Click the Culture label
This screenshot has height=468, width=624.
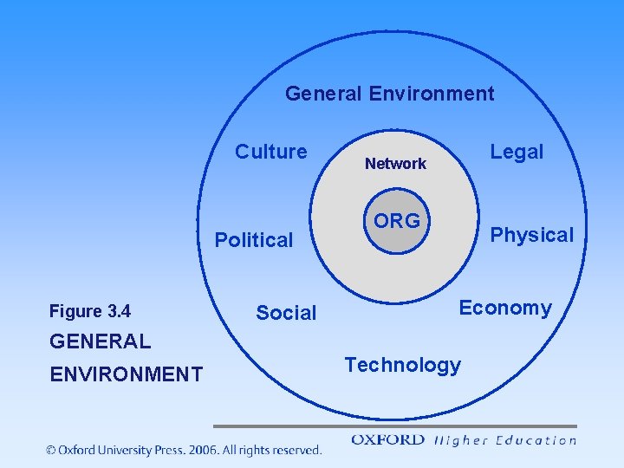tap(271, 152)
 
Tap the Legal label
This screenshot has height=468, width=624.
tap(517, 152)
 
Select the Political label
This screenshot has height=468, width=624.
tap(254, 240)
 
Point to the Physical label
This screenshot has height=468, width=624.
tap(532, 235)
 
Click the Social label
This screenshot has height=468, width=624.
tap(286, 313)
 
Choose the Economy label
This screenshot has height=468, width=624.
tap(505, 308)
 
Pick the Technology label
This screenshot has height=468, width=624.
tap(403, 365)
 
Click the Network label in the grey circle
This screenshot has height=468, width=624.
tap(395, 164)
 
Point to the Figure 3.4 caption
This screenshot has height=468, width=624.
tap(90, 311)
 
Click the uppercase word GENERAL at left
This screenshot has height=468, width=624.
tap(100, 341)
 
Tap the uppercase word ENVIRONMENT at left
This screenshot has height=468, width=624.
tap(126, 374)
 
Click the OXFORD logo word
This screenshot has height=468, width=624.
tap(387, 440)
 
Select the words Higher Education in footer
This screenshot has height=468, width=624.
tap(504, 440)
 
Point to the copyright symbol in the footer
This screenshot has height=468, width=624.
tap(52, 450)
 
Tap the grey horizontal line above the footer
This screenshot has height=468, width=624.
tap(394, 426)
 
